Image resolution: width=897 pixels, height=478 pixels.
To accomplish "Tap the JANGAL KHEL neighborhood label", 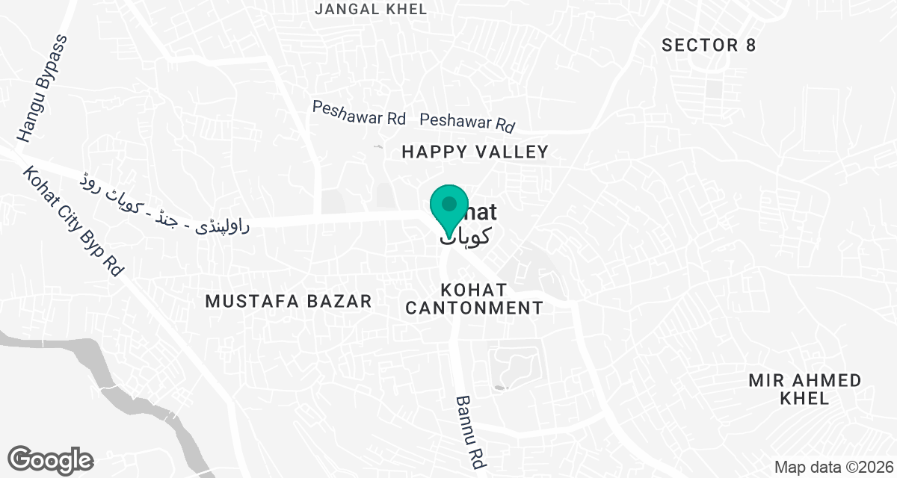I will point(371,9).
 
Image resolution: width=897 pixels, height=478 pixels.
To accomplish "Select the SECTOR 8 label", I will point(709,46).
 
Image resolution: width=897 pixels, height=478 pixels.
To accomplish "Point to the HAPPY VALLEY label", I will point(475,152).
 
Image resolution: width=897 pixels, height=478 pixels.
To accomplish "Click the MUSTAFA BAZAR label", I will point(289,301).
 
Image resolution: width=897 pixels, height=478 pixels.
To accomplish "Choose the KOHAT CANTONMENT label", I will point(474,298).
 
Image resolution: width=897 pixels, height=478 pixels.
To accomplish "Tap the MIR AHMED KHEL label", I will point(805,389).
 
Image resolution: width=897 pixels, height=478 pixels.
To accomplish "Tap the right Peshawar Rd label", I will point(468,121).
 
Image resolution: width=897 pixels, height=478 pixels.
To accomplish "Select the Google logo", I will point(50,459).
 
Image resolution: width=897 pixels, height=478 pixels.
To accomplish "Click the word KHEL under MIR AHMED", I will point(804,398).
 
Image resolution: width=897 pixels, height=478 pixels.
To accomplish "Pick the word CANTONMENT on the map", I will point(474,307).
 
